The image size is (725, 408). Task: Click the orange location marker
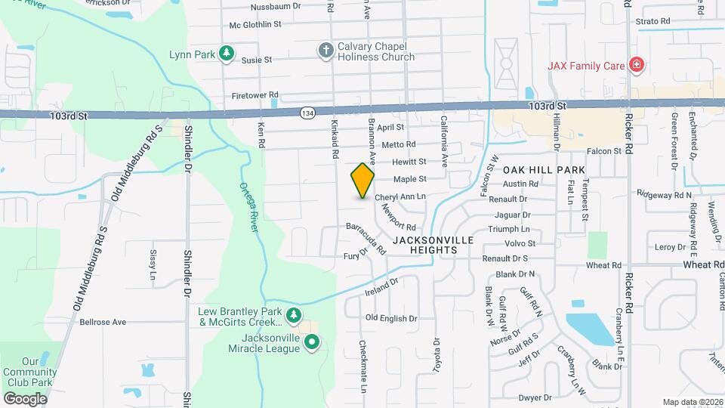363,181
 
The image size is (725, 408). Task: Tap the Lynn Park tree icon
225,54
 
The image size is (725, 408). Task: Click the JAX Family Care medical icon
637,65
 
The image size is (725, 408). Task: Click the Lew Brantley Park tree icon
295,315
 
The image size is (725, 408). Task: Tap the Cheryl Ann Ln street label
400,196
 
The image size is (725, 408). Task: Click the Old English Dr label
390,319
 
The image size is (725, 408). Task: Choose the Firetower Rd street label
255,95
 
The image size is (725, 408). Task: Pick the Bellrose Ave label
103,322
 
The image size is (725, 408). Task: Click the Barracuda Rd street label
366,237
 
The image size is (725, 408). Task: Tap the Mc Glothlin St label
255,24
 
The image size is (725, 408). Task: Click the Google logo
25,398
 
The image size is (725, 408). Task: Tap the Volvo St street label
520,243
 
